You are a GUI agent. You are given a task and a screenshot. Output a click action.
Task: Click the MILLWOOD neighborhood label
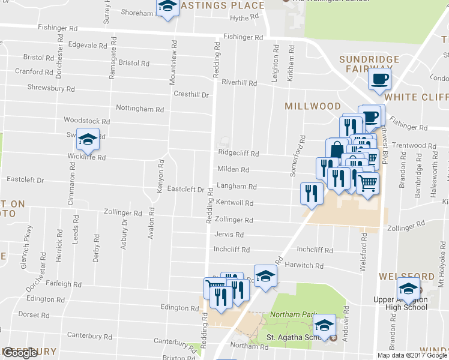(x=313, y=106)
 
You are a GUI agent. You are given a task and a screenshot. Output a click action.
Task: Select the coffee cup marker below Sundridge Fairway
(x=379, y=79)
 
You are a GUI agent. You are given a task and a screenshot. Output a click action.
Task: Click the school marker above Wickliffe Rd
(x=88, y=140)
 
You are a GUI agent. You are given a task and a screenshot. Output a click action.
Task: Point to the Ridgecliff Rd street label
(x=238, y=154)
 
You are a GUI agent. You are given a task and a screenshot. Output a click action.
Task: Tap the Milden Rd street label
(x=233, y=170)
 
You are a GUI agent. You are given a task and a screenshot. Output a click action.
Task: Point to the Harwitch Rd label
(x=306, y=265)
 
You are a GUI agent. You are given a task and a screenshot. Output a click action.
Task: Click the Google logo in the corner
(x=20, y=353)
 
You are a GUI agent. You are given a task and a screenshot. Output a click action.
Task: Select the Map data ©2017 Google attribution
(x=412, y=355)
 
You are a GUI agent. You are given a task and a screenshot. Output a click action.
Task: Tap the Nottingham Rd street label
(x=139, y=109)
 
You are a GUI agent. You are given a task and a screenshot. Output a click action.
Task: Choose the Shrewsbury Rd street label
(x=51, y=88)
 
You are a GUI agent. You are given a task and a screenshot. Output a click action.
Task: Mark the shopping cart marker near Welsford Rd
(x=367, y=183)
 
